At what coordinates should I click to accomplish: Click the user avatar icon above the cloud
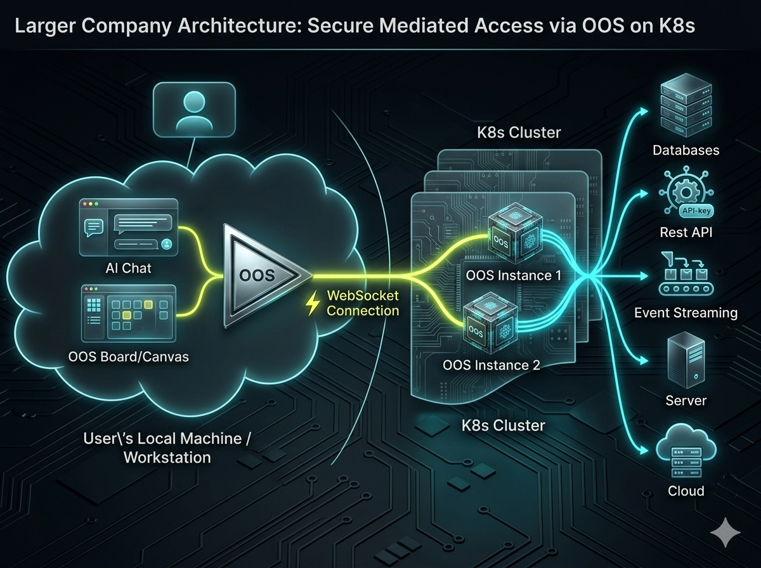click(x=194, y=111)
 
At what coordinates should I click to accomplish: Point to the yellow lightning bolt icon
click(x=312, y=304)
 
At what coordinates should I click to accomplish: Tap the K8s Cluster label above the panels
click(x=519, y=132)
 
